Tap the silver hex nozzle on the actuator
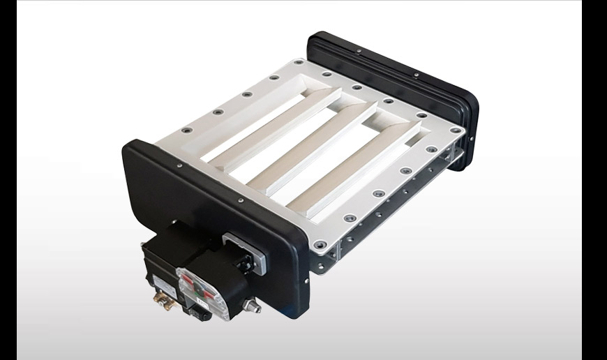[x=252, y=306]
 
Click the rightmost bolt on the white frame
[x=460, y=130]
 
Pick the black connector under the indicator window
[x=200, y=313]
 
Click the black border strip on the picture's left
[x=8, y=180]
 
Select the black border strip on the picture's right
[x=594, y=180]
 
